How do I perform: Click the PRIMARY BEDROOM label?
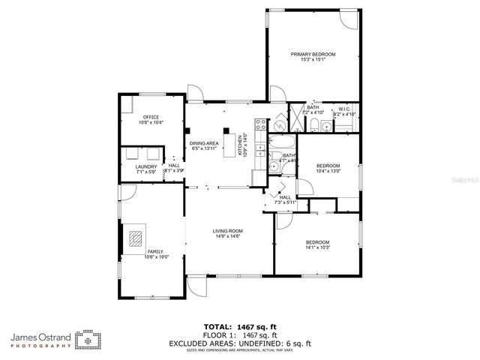pyautogui.click(x=313, y=55)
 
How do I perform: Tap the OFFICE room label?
pyautogui.click(x=152, y=117)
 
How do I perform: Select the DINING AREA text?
pyautogui.click(x=203, y=143)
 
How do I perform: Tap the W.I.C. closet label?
pyautogui.click(x=344, y=109)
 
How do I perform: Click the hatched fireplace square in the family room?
pyautogui.click(x=135, y=238)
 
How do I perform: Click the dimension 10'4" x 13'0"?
pyautogui.click(x=328, y=171)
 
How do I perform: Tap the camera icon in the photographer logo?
pyautogui.click(x=91, y=340)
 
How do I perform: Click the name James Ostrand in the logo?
pyautogui.click(x=41, y=337)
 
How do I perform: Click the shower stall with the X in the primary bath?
pyautogui.click(x=298, y=118)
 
